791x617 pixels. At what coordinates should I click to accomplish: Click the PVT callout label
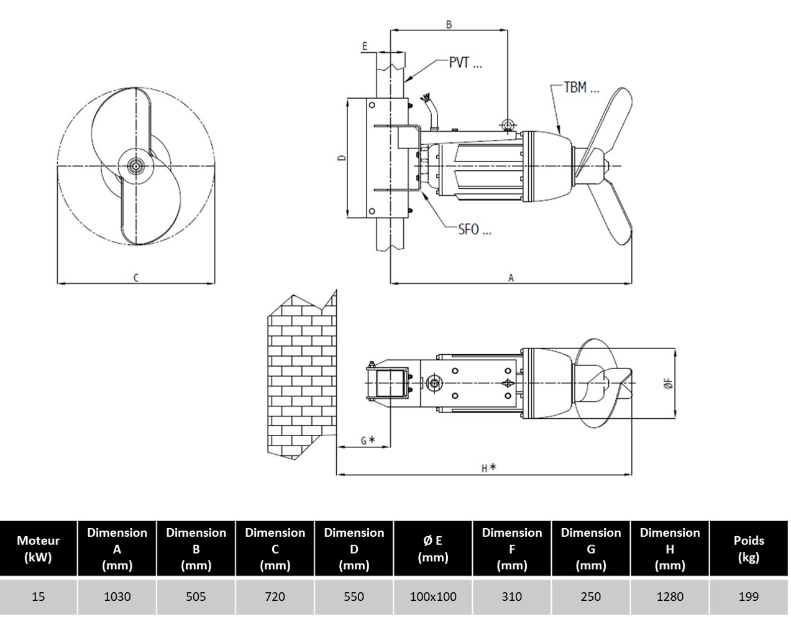click(465, 63)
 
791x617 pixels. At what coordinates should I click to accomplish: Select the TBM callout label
click(582, 88)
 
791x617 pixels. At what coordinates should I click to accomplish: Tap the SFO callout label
click(475, 229)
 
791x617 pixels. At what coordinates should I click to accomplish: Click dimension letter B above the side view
click(449, 24)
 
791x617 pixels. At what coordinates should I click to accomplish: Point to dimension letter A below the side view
click(511, 278)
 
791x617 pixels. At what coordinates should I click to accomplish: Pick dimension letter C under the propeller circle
click(136, 278)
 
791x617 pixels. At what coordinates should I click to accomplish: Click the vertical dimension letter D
click(342, 158)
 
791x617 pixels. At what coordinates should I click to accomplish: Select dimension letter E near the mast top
click(365, 46)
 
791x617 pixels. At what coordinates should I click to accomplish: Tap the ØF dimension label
click(669, 383)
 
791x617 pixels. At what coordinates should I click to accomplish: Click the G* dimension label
click(368, 441)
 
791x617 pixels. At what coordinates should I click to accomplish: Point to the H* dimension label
click(488, 468)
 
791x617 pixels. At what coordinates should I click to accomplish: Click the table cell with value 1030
click(117, 596)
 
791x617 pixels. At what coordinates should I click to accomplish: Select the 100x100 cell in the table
click(433, 596)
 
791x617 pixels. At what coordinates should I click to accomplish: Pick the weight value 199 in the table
click(749, 596)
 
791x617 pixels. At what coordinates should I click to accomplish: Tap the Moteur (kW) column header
click(39, 549)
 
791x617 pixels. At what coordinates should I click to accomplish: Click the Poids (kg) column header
click(749, 549)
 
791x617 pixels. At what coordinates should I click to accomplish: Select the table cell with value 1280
click(670, 596)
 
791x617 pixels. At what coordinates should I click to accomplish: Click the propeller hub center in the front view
click(136, 166)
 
